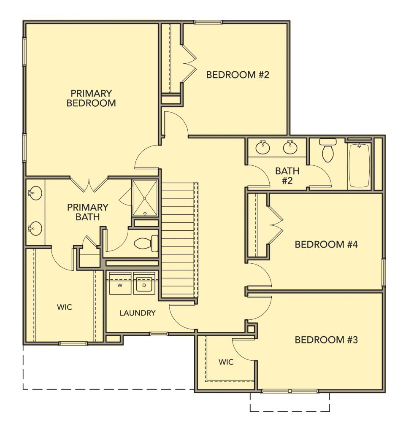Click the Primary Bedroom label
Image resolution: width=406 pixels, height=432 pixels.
coord(91,98)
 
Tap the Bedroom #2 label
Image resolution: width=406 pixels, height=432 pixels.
coord(238,75)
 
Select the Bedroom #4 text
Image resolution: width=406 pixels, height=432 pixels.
coord(326,244)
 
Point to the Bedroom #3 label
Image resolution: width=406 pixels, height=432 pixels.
coord(326,340)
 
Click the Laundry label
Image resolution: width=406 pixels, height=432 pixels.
coord(138,313)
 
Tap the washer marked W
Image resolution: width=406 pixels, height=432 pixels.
coord(120,283)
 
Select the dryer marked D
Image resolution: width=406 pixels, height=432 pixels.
coord(144,283)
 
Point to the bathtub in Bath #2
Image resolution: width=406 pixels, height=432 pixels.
coord(359,165)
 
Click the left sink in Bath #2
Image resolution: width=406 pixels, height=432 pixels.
coord(263,147)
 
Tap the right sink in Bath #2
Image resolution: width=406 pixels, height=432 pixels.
coord(290,147)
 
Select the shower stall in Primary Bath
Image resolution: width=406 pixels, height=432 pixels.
coord(145,198)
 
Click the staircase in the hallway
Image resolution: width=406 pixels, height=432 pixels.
coord(180,240)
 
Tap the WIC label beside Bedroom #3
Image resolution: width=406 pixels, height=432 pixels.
coord(226,362)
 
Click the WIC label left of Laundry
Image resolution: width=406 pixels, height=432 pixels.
coord(65,307)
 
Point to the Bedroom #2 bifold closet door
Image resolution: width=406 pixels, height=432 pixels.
coord(189,64)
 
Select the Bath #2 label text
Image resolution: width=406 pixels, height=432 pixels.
coord(287,176)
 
